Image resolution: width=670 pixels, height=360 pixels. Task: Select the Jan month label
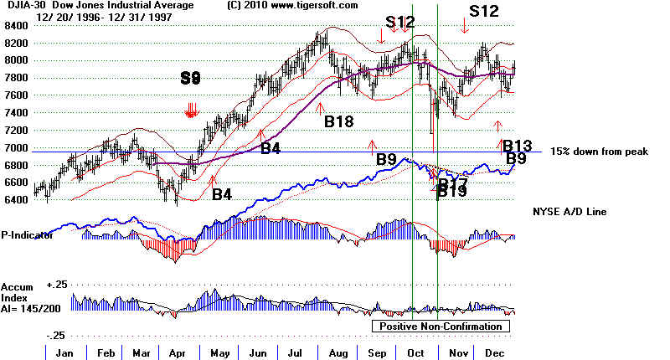coord(61,352)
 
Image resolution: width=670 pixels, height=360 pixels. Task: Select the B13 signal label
coord(518,146)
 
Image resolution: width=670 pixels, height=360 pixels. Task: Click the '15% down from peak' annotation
coord(594,151)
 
